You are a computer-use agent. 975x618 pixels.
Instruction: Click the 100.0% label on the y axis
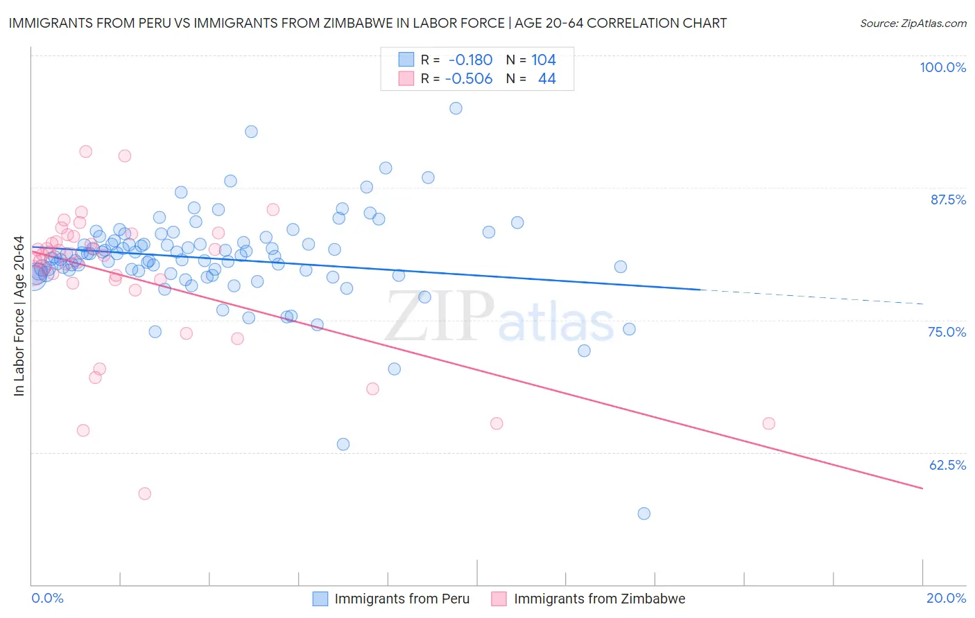(x=942, y=67)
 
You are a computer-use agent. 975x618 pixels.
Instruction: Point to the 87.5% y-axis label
(x=948, y=200)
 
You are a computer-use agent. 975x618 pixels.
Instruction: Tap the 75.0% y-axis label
(x=947, y=332)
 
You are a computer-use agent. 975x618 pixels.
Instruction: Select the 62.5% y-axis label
(x=947, y=465)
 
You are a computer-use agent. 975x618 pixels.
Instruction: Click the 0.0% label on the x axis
(x=47, y=598)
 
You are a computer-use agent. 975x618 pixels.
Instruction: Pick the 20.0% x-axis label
(x=946, y=598)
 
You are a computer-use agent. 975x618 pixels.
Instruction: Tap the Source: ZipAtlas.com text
(x=913, y=23)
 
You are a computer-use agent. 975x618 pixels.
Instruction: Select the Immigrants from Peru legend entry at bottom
(x=402, y=599)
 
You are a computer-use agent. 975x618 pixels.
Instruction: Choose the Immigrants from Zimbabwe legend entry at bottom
(x=599, y=599)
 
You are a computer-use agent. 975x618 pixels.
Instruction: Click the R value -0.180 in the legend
(x=471, y=60)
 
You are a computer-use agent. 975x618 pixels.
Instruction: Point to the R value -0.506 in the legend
(x=469, y=79)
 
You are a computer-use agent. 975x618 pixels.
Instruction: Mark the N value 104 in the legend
(x=544, y=60)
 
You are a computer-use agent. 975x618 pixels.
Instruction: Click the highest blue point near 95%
(x=456, y=108)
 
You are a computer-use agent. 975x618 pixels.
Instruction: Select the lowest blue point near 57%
(x=644, y=513)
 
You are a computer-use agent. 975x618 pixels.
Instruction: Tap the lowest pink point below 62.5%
(x=144, y=493)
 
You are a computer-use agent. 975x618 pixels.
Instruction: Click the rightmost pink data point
(x=768, y=423)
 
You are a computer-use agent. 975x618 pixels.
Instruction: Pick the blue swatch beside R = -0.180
(x=406, y=60)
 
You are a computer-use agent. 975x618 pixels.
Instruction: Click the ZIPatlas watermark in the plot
(x=499, y=317)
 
